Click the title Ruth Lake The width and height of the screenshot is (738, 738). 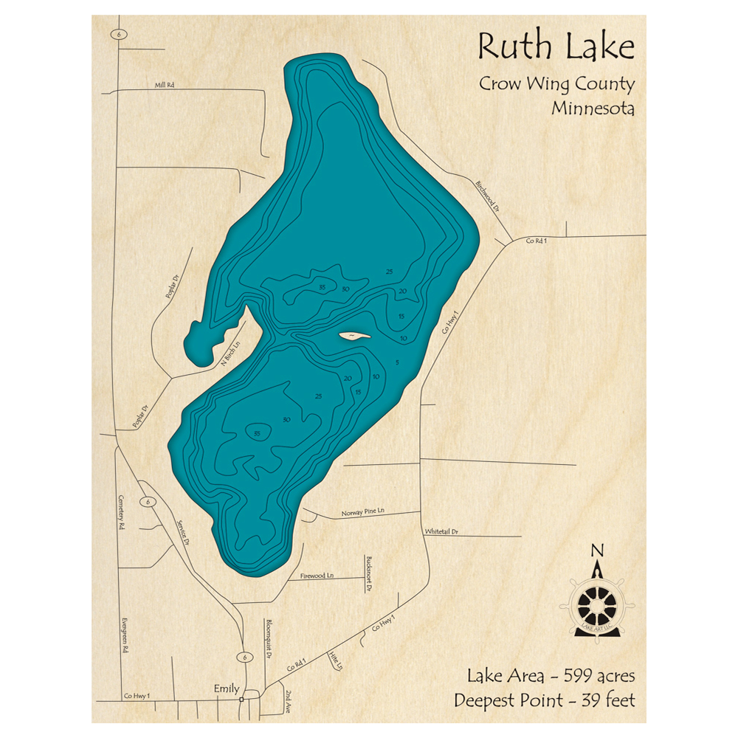[556, 47]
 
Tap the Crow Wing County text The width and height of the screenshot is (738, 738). [556, 84]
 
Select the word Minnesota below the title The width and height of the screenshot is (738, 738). [593, 108]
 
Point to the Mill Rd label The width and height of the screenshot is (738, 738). [165, 86]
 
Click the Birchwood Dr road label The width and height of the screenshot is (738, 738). [488, 197]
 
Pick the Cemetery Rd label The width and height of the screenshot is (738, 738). [123, 514]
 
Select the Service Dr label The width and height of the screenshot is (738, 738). [183, 531]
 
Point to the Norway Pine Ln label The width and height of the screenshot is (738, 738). [363, 512]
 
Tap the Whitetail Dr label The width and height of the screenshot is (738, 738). [441, 531]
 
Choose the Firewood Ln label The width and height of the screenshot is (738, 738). [317, 575]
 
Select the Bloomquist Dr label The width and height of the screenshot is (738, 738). [269, 638]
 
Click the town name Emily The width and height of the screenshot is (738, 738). [226, 689]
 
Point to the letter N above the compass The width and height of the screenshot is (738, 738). [598, 550]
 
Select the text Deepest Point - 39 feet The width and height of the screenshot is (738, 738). [545, 699]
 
